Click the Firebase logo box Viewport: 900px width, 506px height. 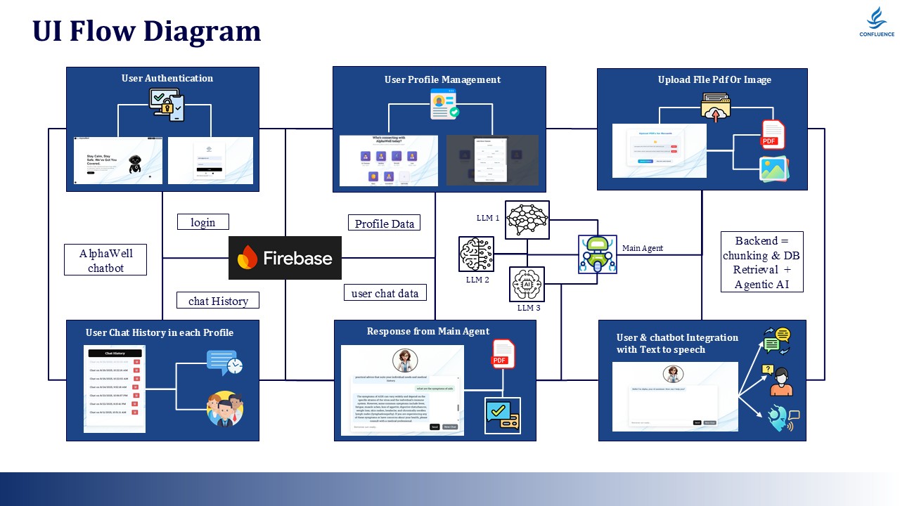point(285,258)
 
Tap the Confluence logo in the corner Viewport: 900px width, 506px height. point(876,22)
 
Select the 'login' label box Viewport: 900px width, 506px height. point(203,222)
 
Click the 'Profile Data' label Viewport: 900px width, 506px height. point(384,223)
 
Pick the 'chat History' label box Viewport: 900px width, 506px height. point(218,300)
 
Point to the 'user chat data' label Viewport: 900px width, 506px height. point(385,293)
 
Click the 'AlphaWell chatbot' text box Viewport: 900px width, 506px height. point(105,260)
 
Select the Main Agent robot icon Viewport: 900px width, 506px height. point(598,254)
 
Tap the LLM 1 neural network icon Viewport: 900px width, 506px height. point(527,220)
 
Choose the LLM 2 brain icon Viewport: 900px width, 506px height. point(476,254)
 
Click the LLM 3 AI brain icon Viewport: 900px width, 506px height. point(527,284)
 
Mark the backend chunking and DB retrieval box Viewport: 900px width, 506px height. point(761,262)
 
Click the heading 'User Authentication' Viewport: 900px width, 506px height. point(167,78)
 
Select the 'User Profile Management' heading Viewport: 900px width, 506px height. point(442,79)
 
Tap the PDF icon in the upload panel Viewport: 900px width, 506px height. point(773,134)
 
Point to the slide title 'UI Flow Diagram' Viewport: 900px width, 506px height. point(146,31)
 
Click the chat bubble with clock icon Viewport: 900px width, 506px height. point(224,363)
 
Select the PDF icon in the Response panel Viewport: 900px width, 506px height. point(503,353)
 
